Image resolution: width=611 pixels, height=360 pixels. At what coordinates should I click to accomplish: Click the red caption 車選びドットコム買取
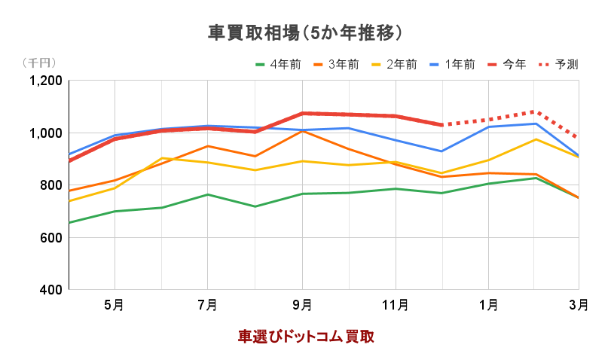(x=306, y=336)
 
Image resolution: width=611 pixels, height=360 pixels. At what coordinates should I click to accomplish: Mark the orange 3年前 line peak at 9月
(x=302, y=131)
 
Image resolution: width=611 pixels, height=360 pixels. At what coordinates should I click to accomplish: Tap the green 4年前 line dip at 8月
(x=255, y=206)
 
